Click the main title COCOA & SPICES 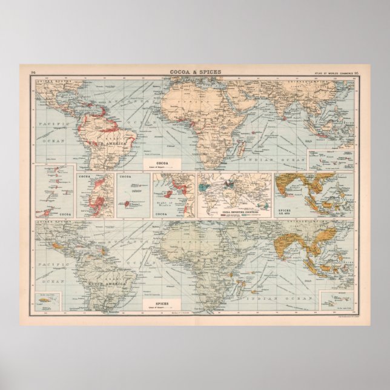195,72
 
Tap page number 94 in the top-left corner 33,73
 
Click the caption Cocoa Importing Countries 235,213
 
